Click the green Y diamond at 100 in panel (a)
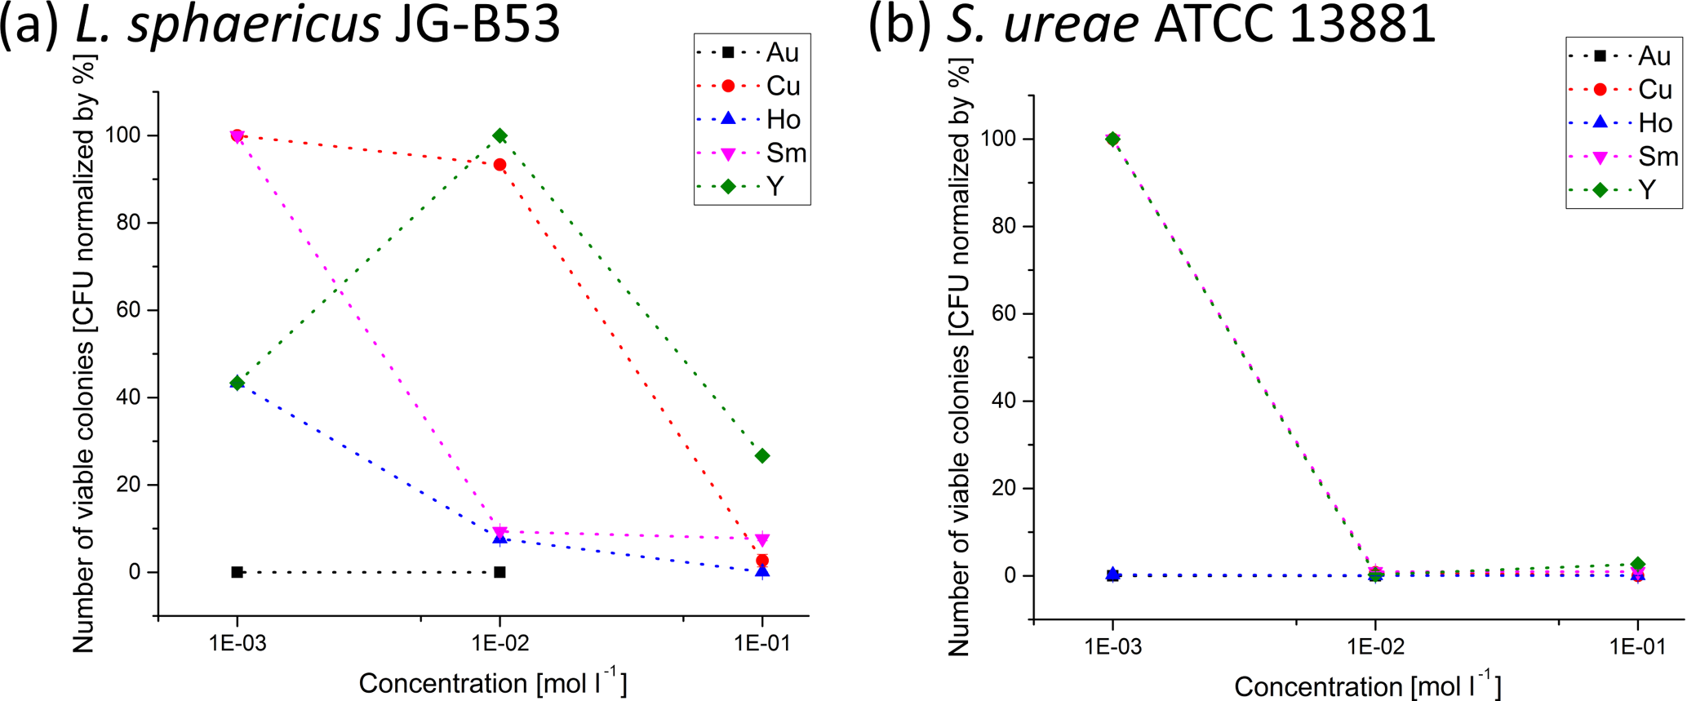tap(499, 135)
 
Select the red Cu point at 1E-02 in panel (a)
tap(499, 165)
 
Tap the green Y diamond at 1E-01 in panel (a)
tap(762, 456)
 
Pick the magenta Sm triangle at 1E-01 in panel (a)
tap(762, 540)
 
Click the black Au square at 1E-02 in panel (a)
tap(499, 572)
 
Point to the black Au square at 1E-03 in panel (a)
tap(237, 572)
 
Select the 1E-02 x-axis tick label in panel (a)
tap(499, 643)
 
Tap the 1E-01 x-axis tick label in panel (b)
tap(1637, 647)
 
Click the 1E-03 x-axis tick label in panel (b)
tap(1112, 647)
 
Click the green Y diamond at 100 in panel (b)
tap(1112, 140)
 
